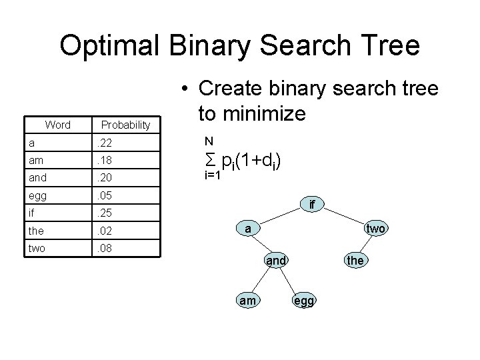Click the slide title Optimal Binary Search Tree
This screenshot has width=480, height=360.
click(x=239, y=45)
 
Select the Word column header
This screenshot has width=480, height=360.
click(x=58, y=125)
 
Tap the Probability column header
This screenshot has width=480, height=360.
click(x=125, y=125)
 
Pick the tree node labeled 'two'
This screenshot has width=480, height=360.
click(x=376, y=229)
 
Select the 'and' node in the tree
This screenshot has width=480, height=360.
click(x=276, y=261)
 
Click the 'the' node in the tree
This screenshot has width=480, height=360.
click(x=355, y=261)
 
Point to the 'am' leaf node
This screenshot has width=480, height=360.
click(x=248, y=301)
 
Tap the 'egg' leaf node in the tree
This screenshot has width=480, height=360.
click(x=304, y=301)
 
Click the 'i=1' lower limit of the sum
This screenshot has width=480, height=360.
click(x=211, y=175)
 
